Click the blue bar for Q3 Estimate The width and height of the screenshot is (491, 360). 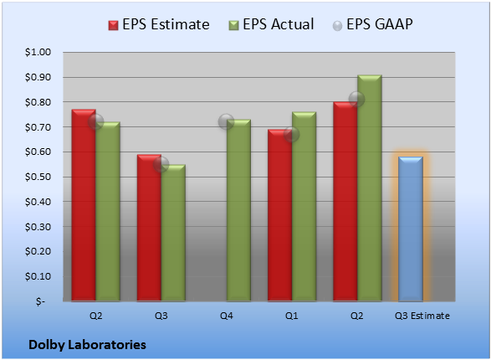click(411, 229)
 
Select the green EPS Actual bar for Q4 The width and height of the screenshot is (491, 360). click(238, 210)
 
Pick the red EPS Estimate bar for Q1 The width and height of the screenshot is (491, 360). click(279, 215)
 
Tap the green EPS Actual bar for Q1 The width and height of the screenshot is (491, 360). click(304, 207)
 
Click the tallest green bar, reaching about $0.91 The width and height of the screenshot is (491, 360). click(370, 188)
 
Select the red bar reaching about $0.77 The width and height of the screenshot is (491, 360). click(84, 205)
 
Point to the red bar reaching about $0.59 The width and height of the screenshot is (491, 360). click(149, 228)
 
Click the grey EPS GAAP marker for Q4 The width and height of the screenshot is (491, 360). click(226, 121)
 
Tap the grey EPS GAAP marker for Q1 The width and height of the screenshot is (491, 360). click(292, 135)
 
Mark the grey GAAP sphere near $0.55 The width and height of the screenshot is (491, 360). click(161, 164)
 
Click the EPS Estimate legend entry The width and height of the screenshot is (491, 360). click(159, 24)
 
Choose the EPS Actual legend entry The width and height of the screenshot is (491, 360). click(271, 24)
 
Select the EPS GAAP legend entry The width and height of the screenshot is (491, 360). click(372, 24)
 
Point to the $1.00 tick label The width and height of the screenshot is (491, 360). click(38, 52)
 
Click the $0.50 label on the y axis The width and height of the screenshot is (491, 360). click(38, 177)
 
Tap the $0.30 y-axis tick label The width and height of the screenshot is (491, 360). click(38, 227)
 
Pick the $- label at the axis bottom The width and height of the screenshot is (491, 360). click(41, 301)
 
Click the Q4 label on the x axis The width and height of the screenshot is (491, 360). click(227, 316)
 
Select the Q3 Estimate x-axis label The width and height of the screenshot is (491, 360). click(422, 316)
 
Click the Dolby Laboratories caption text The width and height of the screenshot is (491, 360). click(87, 345)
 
